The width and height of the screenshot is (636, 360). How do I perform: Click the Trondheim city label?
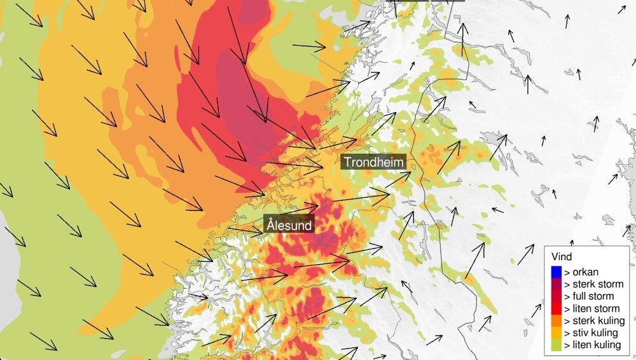coord(374,162)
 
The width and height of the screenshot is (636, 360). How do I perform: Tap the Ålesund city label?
coord(290,225)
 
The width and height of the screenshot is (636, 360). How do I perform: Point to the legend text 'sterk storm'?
coord(593,284)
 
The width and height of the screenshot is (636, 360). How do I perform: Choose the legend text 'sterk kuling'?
coord(594,321)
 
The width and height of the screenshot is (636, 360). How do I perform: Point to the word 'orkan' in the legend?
coord(585,272)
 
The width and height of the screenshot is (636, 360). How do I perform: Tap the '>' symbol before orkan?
coord(566,272)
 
